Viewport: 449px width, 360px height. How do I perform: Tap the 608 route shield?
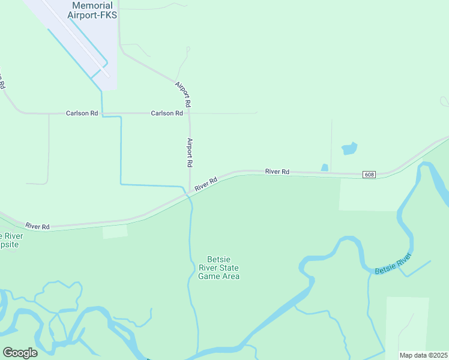point(369,175)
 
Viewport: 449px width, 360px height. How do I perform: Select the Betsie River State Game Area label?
point(219,268)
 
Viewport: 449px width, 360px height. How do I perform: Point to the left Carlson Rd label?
point(82,113)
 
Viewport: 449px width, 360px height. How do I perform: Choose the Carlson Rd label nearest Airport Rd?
point(167,113)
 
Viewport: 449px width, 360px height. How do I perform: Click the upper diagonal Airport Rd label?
point(184,95)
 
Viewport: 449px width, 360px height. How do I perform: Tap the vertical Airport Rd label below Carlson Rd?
point(190,152)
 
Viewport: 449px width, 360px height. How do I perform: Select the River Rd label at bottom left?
point(37,226)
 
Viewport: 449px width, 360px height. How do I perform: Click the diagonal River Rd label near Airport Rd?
point(205,184)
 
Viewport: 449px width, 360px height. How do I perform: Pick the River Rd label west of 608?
point(277,172)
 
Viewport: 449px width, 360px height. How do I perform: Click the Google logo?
point(20,353)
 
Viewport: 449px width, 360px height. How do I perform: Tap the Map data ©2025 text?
point(423,355)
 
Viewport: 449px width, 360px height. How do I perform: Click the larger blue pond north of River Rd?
point(349,148)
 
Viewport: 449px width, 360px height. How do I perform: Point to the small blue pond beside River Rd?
point(325,167)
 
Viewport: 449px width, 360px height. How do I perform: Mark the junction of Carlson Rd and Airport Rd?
point(189,113)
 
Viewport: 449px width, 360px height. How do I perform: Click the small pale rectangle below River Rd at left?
point(115,232)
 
